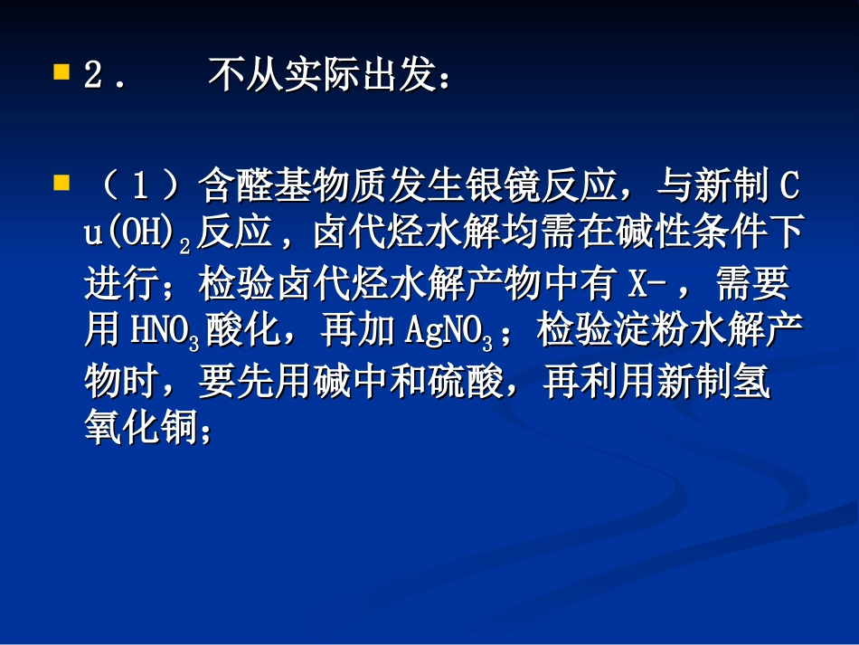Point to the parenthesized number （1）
[138, 188]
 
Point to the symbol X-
[644, 285]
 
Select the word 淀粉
[626, 333]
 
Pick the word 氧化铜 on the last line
[138, 432]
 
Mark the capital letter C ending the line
[788, 188]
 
